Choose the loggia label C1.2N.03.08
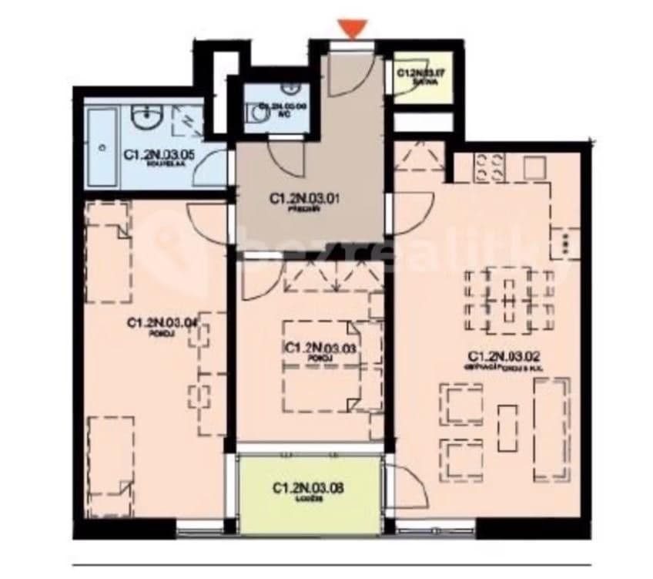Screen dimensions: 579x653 coord(308,488)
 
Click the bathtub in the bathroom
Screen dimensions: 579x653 coord(102,146)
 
